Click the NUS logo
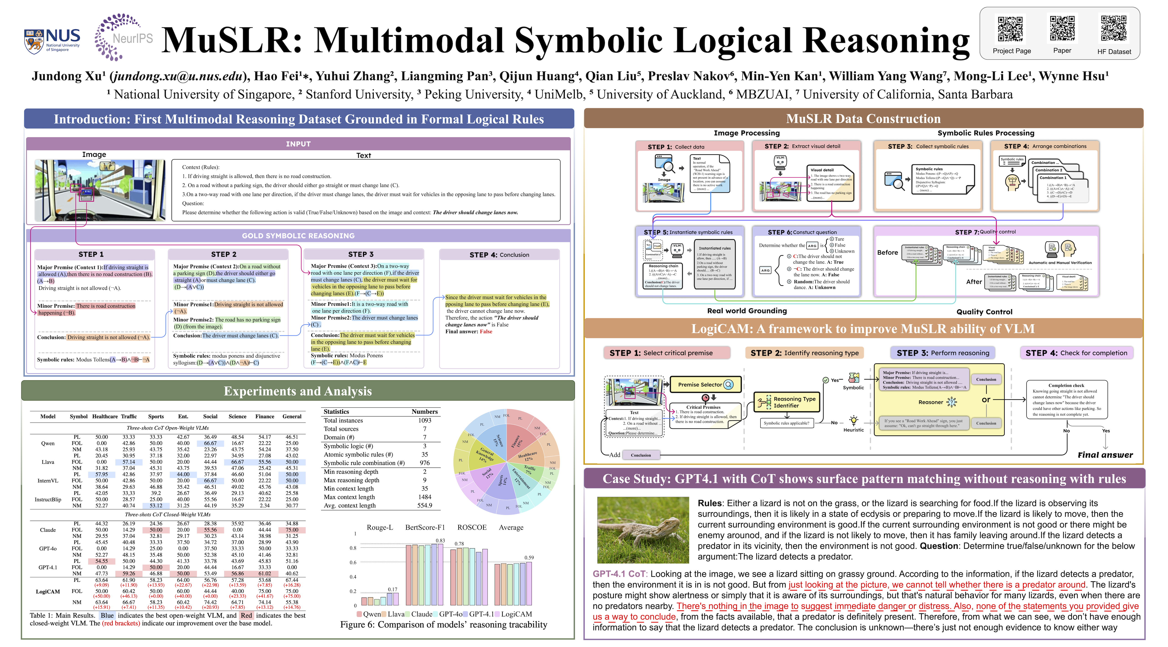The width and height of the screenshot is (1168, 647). pyautogui.click(x=52, y=41)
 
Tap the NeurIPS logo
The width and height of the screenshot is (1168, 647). pyautogui.click(x=123, y=37)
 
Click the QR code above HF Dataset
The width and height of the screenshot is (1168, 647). pyautogui.click(x=1113, y=29)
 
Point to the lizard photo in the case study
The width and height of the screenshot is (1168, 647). pyautogui.click(x=642, y=530)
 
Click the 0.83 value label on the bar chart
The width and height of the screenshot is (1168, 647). pyautogui.click(x=440, y=540)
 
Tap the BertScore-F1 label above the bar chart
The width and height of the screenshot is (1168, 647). pyautogui.click(x=425, y=527)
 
